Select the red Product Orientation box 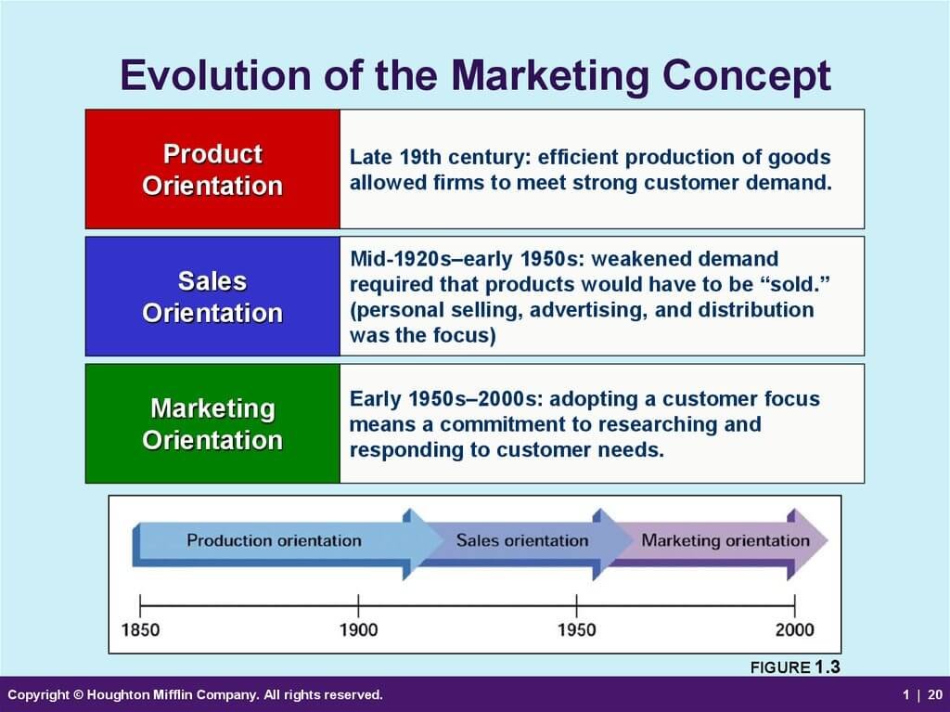(x=212, y=169)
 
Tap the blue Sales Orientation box (x=212, y=296)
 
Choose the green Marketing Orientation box (x=212, y=423)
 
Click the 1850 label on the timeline (x=141, y=629)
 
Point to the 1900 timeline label (x=358, y=629)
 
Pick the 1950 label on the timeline (x=576, y=629)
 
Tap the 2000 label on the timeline (x=794, y=629)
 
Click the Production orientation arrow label (x=274, y=540)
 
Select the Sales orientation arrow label (x=522, y=540)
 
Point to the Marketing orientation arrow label (x=725, y=540)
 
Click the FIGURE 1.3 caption (x=795, y=667)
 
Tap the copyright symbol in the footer (x=78, y=694)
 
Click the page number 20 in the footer (x=935, y=694)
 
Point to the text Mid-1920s (x=400, y=259)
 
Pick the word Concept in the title (x=747, y=76)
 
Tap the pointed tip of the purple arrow (x=827, y=539)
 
